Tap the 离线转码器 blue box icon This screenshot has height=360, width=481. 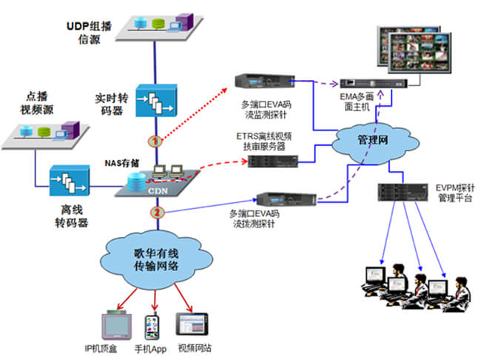[x=70, y=181]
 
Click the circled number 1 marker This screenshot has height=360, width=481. [x=155, y=140]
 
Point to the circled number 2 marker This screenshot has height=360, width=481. [x=156, y=213]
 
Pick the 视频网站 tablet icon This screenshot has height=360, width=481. [x=193, y=327]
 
